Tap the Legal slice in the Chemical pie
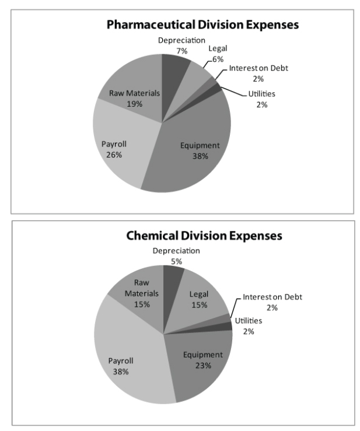pos(201,297)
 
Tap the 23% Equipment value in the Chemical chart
pos(202,365)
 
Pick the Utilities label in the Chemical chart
pos(249,321)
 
